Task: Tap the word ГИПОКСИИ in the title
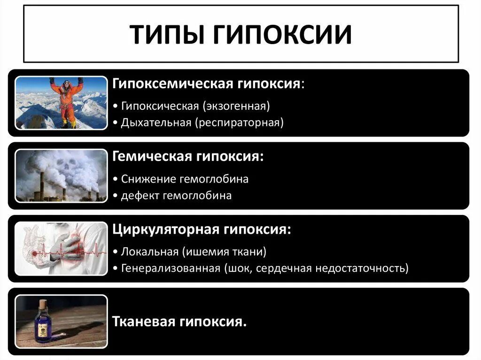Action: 279,34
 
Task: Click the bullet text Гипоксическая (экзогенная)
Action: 195,106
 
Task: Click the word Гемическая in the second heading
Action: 150,157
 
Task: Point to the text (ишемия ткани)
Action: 223,252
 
